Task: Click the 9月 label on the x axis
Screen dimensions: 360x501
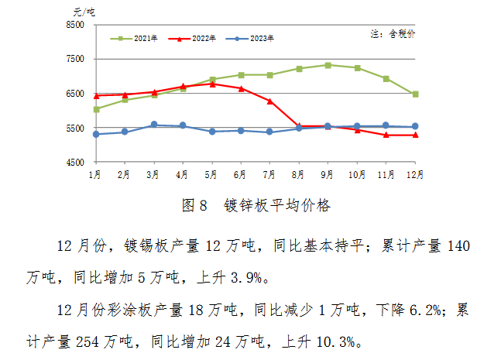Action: tap(328, 176)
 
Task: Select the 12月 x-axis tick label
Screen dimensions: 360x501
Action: tap(415, 176)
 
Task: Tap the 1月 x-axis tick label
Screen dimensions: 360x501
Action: tap(96, 176)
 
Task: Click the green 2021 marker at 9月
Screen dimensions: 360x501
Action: tap(328, 65)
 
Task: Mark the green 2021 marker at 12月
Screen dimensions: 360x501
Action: tap(416, 94)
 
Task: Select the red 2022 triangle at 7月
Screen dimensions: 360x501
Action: tap(269, 101)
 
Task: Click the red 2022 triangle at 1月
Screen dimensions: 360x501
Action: tap(96, 96)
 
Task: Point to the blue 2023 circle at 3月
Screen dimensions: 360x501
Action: tap(154, 125)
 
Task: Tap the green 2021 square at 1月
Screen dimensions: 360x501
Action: tap(96, 109)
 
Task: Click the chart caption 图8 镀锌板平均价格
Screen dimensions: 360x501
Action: tap(255, 205)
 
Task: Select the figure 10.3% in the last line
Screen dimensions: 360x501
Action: tap(336, 341)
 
